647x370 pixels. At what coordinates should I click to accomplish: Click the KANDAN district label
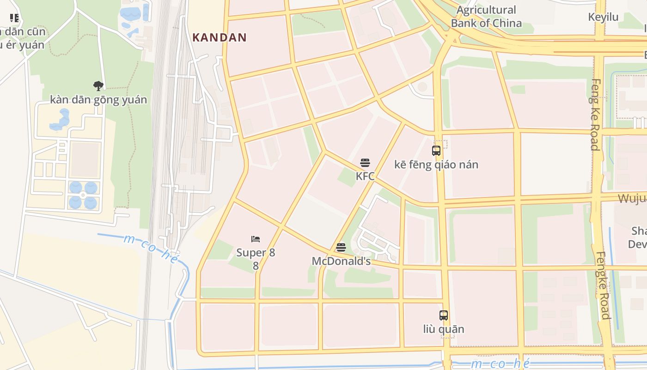pyautogui.click(x=220, y=37)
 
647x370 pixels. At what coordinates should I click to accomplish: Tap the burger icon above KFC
pyautogui.click(x=365, y=163)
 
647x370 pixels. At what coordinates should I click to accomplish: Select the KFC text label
pyautogui.click(x=365, y=176)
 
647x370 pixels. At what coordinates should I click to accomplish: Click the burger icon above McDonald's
pyautogui.click(x=341, y=247)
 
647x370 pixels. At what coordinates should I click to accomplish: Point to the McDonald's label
pyautogui.click(x=341, y=261)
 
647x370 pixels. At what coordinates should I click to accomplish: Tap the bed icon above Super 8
pyautogui.click(x=256, y=239)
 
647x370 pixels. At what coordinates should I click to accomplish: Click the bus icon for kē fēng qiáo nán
pyautogui.click(x=436, y=151)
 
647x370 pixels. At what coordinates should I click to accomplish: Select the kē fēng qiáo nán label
pyautogui.click(x=436, y=165)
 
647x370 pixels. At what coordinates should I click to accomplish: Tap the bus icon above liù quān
pyautogui.click(x=444, y=315)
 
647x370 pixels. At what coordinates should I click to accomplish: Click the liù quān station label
pyautogui.click(x=444, y=329)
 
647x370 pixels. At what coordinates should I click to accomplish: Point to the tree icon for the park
pyautogui.click(x=98, y=86)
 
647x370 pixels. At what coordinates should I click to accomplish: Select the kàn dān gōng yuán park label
pyautogui.click(x=98, y=99)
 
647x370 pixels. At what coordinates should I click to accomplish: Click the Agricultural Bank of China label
pyautogui.click(x=486, y=17)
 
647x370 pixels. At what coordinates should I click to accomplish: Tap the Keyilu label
pyautogui.click(x=603, y=17)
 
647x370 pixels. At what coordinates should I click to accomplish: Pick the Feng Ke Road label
pyautogui.click(x=595, y=115)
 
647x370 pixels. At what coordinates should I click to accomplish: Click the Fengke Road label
pyautogui.click(x=603, y=285)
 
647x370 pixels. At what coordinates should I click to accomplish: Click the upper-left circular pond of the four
pyautogui.click(x=75, y=187)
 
